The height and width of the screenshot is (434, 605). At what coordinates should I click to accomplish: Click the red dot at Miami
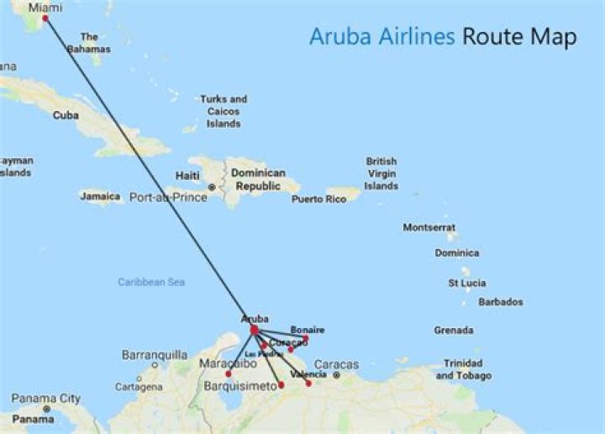pyautogui.click(x=45, y=18)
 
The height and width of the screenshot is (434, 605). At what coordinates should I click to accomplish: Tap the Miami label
pyautogui.click(x=45, y=7)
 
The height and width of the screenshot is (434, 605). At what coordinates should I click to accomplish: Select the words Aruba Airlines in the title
pyautogui.click(x=382, y=37)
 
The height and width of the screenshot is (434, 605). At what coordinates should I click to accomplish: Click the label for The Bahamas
pyautogui.click(x=90, y=43)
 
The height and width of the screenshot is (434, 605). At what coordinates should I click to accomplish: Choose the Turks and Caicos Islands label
pyautogui.click(x=224, y=111)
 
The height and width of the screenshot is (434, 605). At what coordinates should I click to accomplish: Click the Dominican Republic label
pyautogui.click(x=259, y=179)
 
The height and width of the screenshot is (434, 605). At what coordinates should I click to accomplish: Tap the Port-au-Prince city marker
pyautogui.click(x=212, y=187)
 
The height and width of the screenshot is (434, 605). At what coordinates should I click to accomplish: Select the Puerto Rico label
pyautogui.click(x=318, y=199)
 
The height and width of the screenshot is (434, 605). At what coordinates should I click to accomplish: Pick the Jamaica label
pyautogui.click(x=100, y=196)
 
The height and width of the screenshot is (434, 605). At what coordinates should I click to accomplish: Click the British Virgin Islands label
pyautogui.click(x=381, y=173)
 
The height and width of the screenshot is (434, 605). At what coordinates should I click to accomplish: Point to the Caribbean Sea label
pyautogui.click(x=151, y=283)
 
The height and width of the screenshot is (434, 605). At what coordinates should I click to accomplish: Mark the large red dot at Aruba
pyautogui.click(x=254, y=331)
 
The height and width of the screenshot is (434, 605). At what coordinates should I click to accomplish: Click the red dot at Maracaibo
pyautogui.click(x=229, y=373)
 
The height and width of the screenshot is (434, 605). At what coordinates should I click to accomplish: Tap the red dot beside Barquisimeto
pyautogui.click(x=281, y=385)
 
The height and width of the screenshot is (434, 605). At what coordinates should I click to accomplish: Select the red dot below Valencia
pyautogui.click(x=308, y=384)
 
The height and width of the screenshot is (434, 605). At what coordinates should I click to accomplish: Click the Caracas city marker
pyautogui.click(x=335, y=375)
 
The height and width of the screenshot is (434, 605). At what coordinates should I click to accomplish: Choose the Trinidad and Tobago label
pyautogui.click(x=464, y=369)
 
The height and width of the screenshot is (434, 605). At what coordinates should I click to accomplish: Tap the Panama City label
pyautogui.click(x=46, y=399)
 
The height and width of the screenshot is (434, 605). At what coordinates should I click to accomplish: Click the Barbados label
pyautogui.click(x=501, y=302)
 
